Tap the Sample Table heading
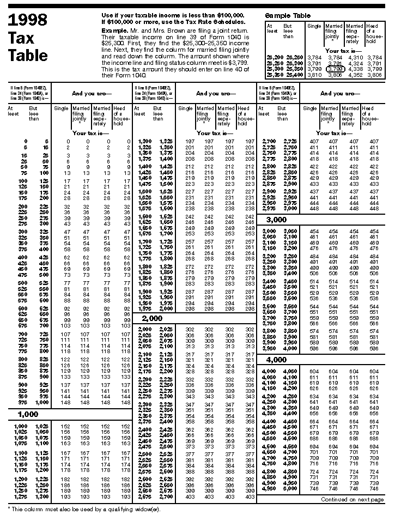click(287, 16)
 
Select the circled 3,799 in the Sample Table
click(334, 69)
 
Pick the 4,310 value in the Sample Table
click(355, 57)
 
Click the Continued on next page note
click(352, 499)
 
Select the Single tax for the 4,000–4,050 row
click(314, 371)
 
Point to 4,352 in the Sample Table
click(355, 75)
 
